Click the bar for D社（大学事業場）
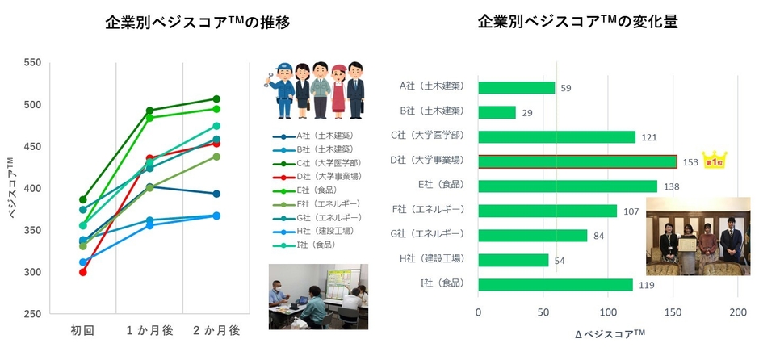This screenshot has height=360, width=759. [x=577, y=161]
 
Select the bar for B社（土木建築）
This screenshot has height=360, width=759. [x=497, y=112]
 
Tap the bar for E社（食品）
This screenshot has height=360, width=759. [x=568, y=186]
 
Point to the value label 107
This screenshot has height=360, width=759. [x=631, y=211]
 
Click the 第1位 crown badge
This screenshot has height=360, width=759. [x=714, y=159]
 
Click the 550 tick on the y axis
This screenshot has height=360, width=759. [x=33, y=62]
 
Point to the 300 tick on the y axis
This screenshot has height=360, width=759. [x=33, y=272]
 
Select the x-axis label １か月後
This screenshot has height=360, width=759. [x=149, y=330]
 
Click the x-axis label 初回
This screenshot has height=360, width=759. [x=82, y=330]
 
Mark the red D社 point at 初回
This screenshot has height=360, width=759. [x=82, y=272]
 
